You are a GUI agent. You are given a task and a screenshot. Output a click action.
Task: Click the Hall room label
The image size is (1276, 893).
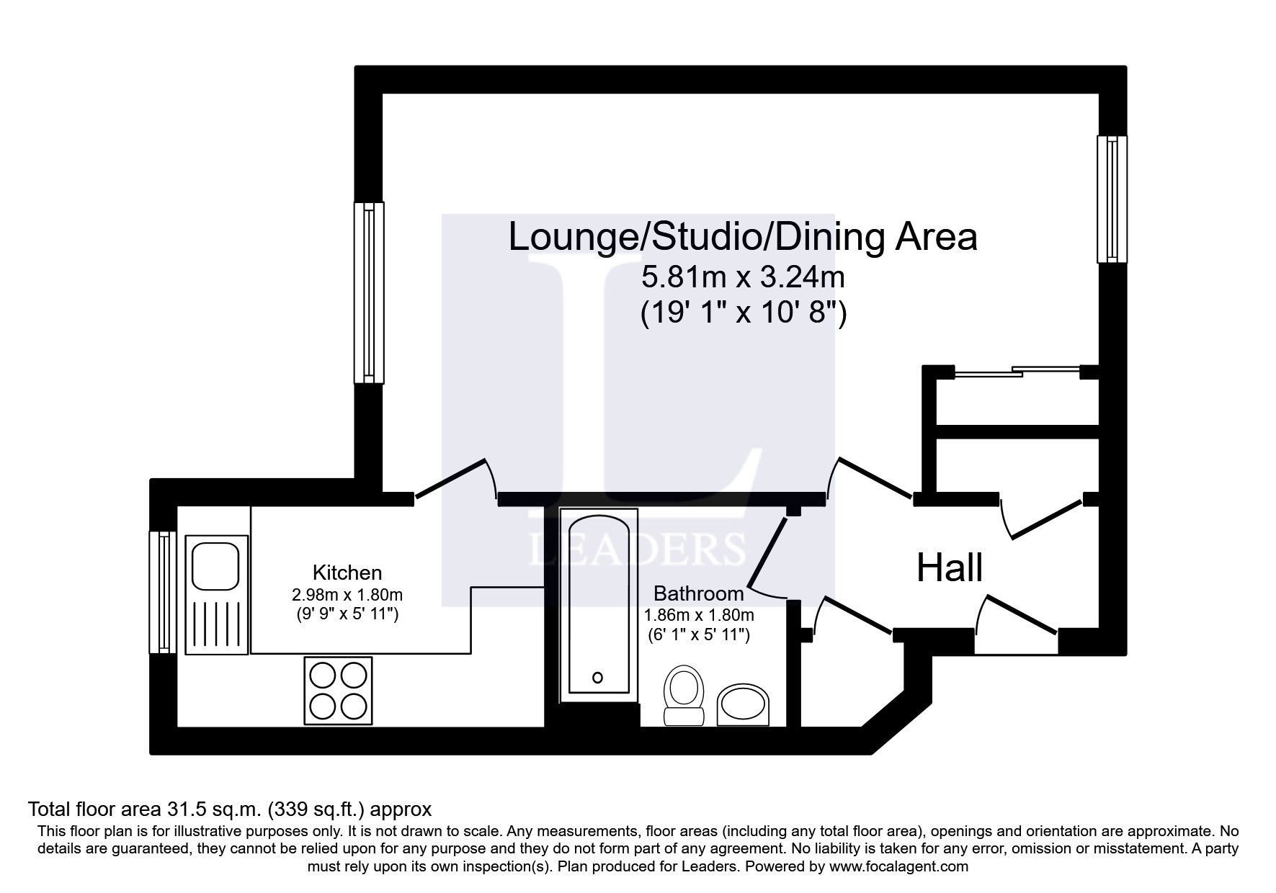click(x=949, y=567)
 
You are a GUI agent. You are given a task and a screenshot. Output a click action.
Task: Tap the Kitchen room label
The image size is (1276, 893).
click(x=347, y=573)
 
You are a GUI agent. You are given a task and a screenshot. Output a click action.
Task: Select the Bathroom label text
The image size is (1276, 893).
click(x=697, y=593)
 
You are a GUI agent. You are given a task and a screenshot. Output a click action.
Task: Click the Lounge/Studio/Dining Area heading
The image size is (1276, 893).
click(x=742, y=237)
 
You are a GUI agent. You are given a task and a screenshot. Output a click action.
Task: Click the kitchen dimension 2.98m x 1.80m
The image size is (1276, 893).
click(x=347, y=595)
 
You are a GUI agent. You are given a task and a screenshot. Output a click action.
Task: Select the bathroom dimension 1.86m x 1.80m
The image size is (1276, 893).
click(x=697, y=615)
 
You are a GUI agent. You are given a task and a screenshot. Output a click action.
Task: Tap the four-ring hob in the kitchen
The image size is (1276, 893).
click(x=338, y=690)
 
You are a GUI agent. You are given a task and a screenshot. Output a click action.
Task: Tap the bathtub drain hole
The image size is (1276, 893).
click(x=597, y=677)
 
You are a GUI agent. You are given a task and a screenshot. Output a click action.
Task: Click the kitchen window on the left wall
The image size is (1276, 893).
click(x=163, y=592)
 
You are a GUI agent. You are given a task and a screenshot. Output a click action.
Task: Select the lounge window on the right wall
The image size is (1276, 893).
click(x=1112, y=199)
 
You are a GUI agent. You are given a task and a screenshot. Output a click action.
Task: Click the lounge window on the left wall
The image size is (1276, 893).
click(x=369, y=292)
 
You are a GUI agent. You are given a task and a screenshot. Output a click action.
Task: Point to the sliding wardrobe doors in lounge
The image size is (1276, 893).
click(x=1016, y=372)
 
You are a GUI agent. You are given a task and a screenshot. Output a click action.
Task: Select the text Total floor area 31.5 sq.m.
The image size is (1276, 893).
click(x=147, y=809)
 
